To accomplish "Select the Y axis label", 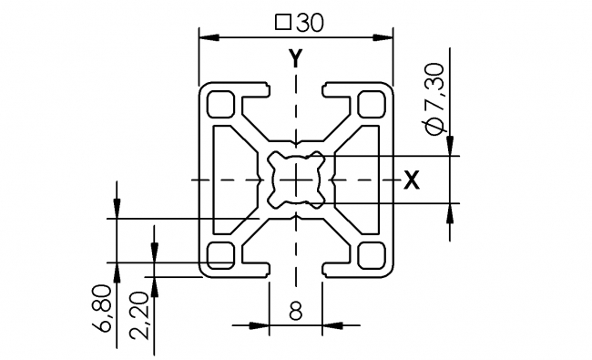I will click(295, 59).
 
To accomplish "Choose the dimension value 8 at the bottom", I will click(296, 312).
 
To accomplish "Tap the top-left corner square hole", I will click(220, 103).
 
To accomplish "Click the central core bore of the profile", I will click(296, 180).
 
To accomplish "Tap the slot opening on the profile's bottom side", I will click(296, 266).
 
